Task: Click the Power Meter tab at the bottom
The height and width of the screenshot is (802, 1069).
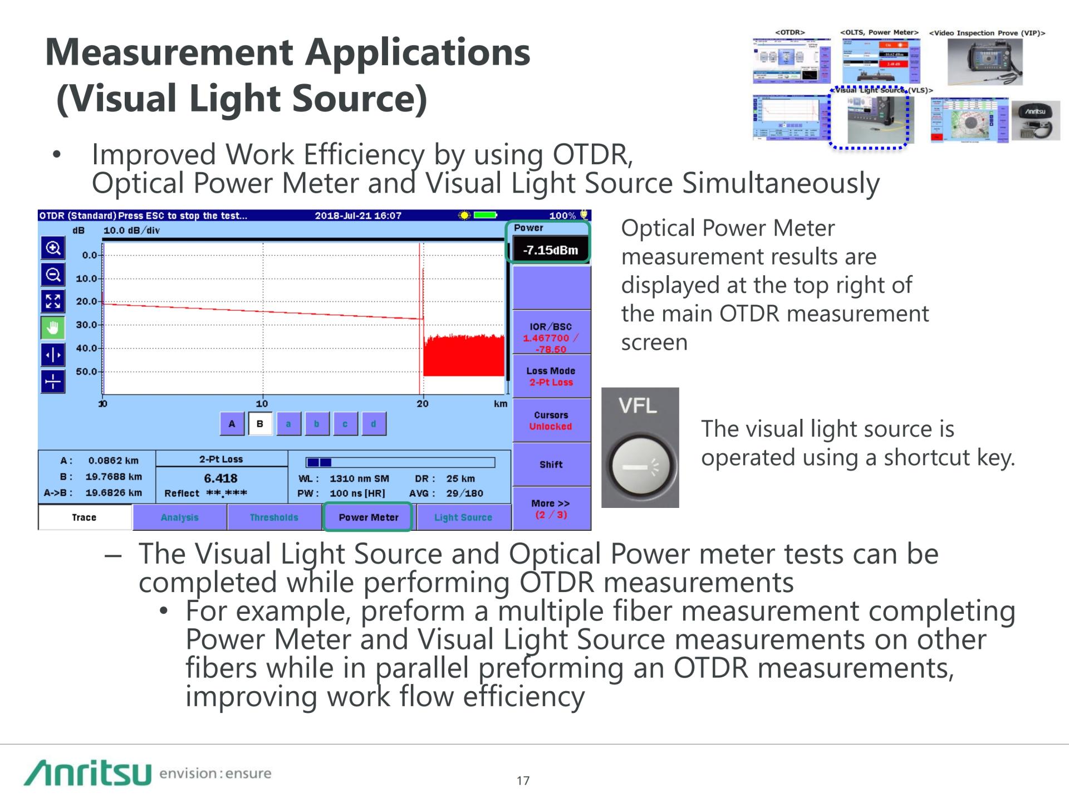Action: [x=368, y=517]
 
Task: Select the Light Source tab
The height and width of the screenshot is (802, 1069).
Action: [x=463, y=517]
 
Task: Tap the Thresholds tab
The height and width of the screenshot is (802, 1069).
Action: [x=274, y=517]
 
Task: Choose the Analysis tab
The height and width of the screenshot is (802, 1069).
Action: [x=179, y=517]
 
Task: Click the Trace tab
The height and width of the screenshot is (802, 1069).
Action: [x=84, y=517]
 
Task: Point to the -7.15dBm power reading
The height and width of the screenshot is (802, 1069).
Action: [x=550, y=250]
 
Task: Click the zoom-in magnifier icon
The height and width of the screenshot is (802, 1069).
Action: [x=53, y=248]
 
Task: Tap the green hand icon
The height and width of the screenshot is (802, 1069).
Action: [x=53, y=328]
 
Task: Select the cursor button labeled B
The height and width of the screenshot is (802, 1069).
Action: [x=260, y=424]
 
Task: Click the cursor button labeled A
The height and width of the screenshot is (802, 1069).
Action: [x=232, y=424]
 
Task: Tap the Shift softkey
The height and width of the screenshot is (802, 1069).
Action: [x=551, y=464]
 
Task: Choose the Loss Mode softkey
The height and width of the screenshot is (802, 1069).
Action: [x=551, y=376]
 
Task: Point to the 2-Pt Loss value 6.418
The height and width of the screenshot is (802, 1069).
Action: [x=220, y=478]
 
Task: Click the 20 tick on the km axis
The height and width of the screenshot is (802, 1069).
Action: [x=423, y=403]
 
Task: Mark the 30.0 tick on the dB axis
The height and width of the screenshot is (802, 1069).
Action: [x=87, y=325]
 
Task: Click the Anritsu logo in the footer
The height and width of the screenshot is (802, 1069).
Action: [x=87, y=773]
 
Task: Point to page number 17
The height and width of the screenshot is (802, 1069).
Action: [x=523, y=781]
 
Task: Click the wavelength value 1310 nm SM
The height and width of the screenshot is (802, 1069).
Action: [x=359, y=478]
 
